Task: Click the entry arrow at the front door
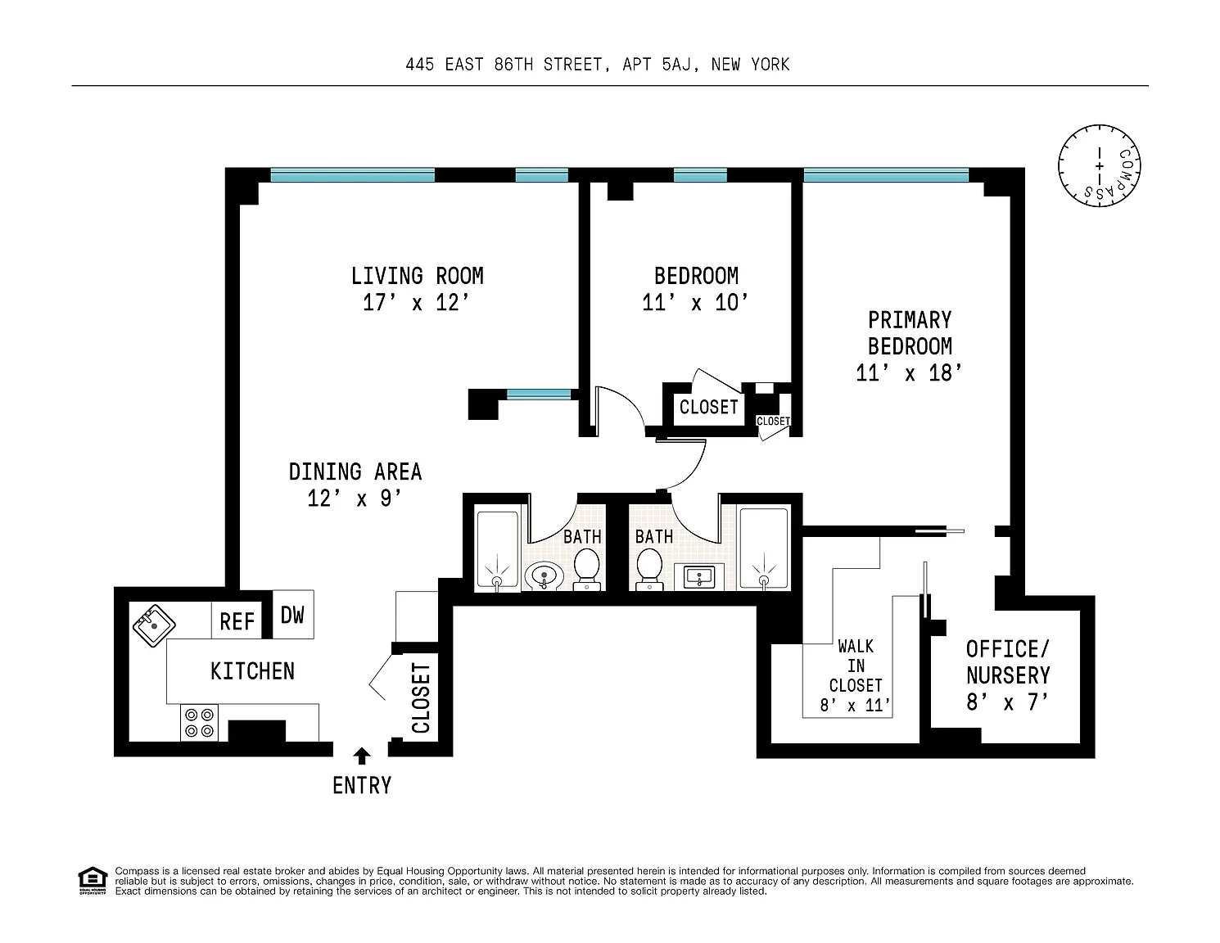(x=362, y=756)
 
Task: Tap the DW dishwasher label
(x=292, y=616)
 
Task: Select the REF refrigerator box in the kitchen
(x=237, y=620)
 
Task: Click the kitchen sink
(x=154, y=625)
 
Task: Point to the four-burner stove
(x=199, y=723)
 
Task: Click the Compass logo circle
(x=1100, y=165)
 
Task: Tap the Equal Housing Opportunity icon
(x=92, y=881)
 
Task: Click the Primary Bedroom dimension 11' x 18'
(x=909, y=372)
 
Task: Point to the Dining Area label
(x=355, y=471)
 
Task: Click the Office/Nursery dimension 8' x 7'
(x=1007, y=702)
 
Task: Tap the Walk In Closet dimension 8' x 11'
(x=855, y=705)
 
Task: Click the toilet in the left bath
(x=587, y=569)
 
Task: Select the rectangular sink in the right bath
(x=698, y=577)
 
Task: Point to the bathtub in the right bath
(x=764, y=548)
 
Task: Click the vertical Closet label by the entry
(x=421, y=697)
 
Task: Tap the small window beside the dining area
(x=539, y=394)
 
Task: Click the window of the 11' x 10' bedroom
(x=700, y=175)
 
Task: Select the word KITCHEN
(x=252, y=671)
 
